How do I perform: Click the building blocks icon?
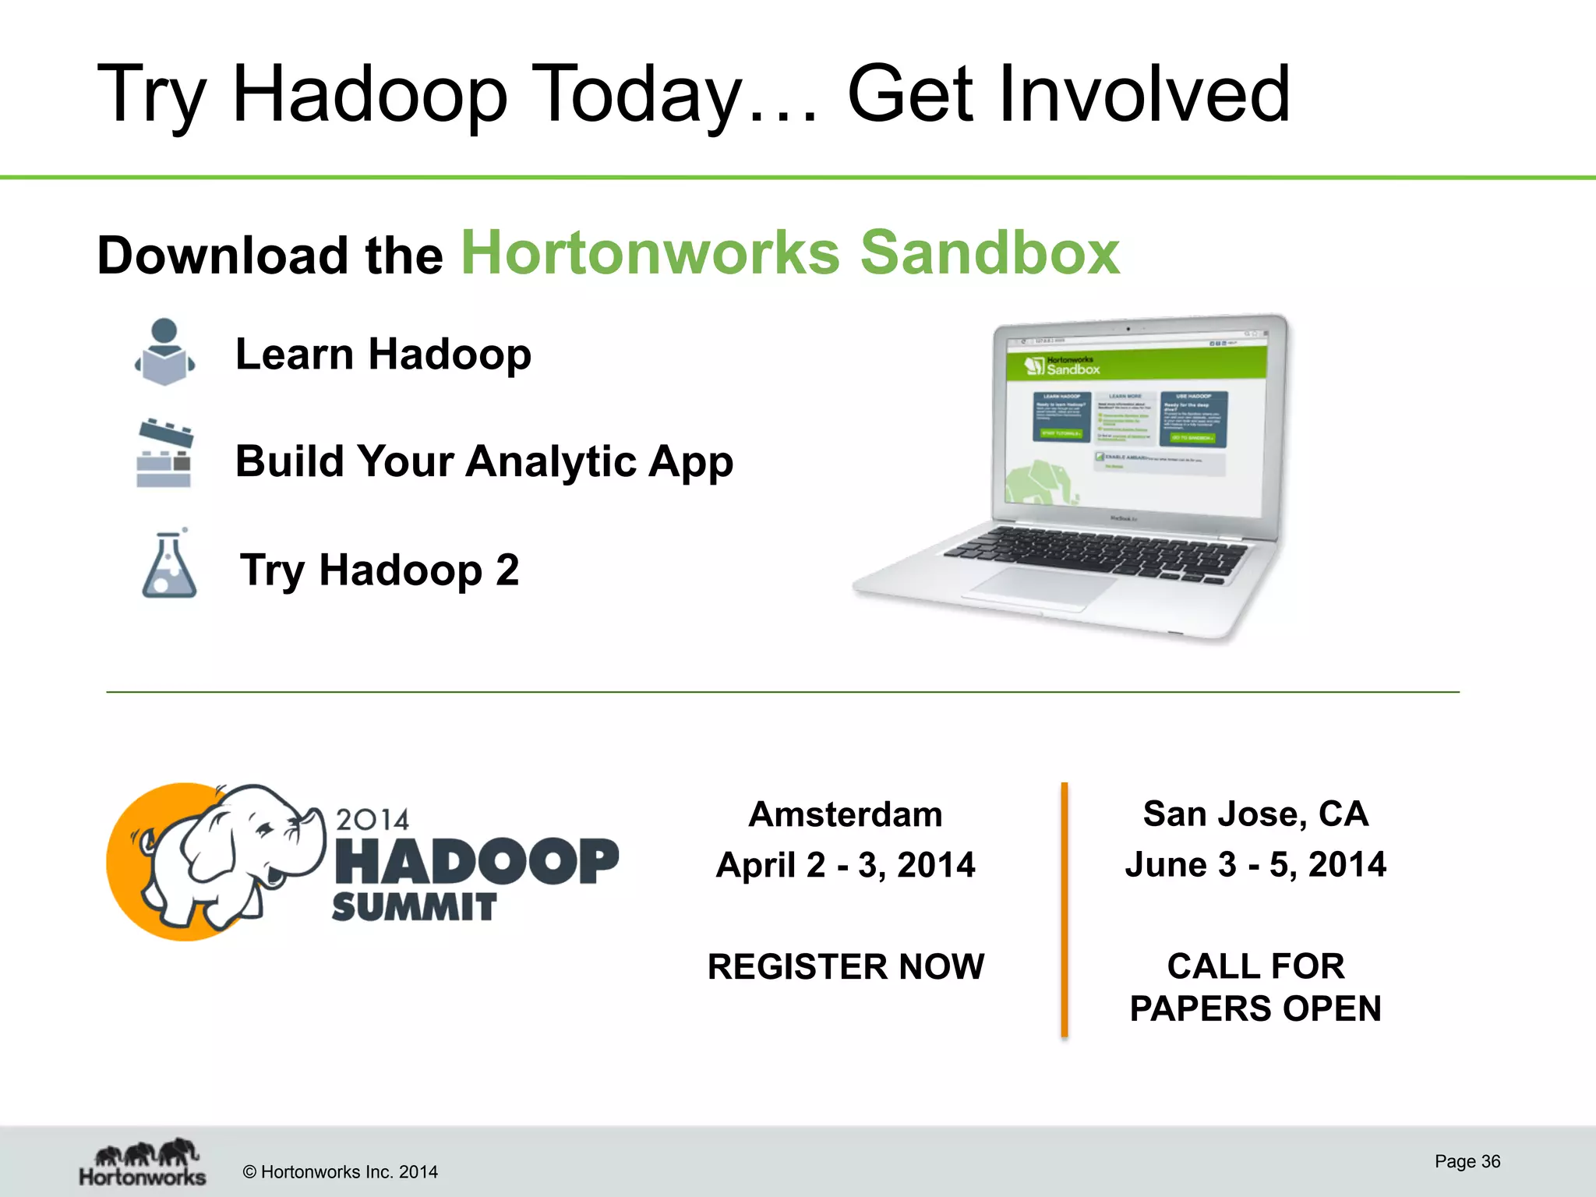click(x=164, y=454)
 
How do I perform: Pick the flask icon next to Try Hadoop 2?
click(x=169, y=565)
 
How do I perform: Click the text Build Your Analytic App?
click(x=484, y=461)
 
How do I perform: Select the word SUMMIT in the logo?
click(x=414, y=907)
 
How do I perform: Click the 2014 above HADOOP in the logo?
click(x=373, y=819)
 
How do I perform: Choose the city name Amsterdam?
click(x=846, y=814)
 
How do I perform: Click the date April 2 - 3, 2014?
click(x=846, y=865)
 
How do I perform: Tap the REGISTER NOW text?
click(x=846, y=966)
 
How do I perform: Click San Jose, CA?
click(x=1255, y=814)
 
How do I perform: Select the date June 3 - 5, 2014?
click(x=1255, y=864)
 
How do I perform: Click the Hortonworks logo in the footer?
click(x=143, y=1163)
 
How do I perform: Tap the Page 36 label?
click(x=1467, y=1161)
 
